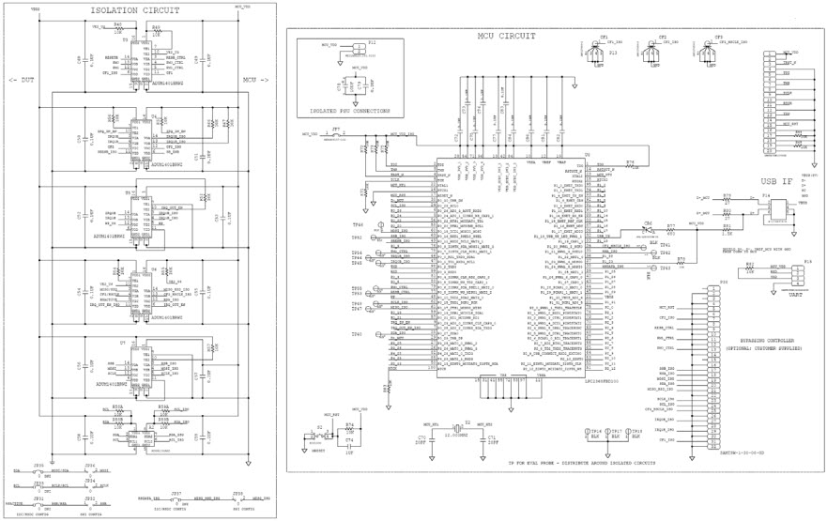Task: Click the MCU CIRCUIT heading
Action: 506,36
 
